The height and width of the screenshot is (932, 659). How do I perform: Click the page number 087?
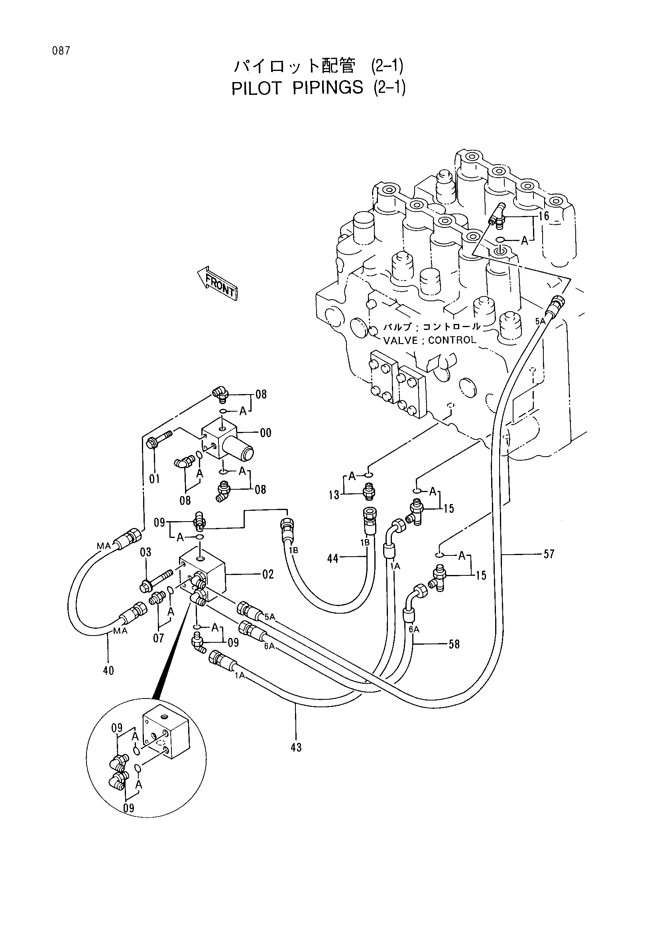click(61, 51)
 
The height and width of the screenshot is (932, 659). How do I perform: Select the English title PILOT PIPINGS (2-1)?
click(318, 88)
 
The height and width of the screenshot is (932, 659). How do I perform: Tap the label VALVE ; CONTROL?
click(430, 340)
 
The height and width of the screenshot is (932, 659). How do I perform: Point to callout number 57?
click(549, 554)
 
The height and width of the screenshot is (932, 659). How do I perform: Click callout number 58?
click(454, 644)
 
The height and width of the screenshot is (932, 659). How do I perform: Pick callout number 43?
click(296, 747)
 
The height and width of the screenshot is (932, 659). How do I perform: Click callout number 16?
click(544, 216)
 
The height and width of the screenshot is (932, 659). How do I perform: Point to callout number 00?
click(266, 433)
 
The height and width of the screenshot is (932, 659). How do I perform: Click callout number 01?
click(154, 479)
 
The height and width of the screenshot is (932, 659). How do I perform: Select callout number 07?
click(158, 638)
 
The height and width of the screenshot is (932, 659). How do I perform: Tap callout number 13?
click(334, 495)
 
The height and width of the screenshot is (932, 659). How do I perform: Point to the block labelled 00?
click(227, 441)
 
